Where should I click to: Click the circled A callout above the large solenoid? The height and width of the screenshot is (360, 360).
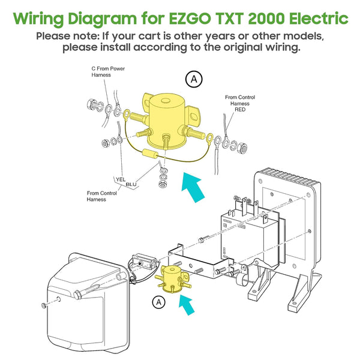193,78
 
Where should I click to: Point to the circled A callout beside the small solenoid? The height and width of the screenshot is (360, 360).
159,301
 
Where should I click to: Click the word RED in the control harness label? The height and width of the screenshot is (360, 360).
240,110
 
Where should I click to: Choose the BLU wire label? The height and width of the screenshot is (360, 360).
131,184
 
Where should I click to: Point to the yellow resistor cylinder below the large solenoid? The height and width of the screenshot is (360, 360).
151,154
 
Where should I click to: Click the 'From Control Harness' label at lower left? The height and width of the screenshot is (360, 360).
101,196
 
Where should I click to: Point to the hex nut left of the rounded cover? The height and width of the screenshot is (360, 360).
44,306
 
